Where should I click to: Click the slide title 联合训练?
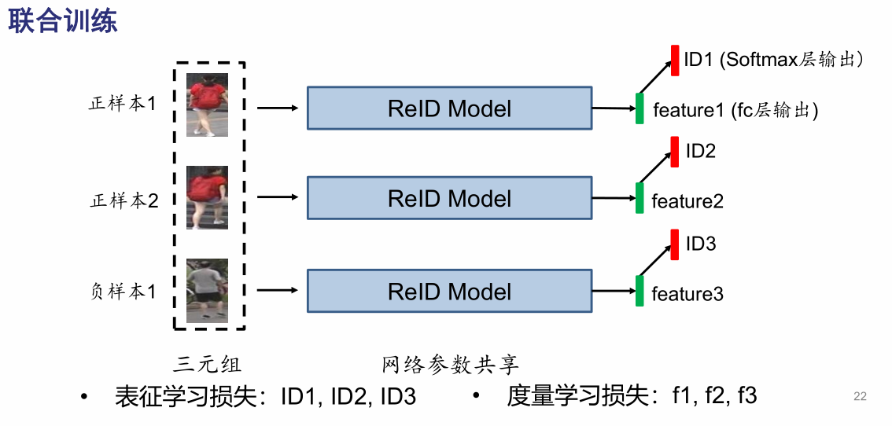click(x=63, y=20)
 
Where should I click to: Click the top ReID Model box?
click(x=449, y=108)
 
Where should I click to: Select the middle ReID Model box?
click(x=449, y=199)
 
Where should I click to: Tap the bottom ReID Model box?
click(x=449, y=292)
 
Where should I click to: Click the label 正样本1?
click(x=123, y=104)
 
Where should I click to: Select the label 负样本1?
click(x=123, y=292)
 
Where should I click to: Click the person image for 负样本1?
click(x=208, y=291)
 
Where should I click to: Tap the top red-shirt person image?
click(x=208, y=105)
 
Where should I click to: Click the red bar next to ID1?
click(x=675, y=61)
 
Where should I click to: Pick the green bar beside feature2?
click(x=640, y=198)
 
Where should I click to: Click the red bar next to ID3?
click(x=675, y=244)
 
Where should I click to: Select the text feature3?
click(x=687, y=295)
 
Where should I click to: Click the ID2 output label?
click(x=700, y=152)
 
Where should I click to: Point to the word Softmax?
click(x=761, y=60)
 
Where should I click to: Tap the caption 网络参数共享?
click(x=450, y=365)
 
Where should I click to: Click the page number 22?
click(x=860, y=396)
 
